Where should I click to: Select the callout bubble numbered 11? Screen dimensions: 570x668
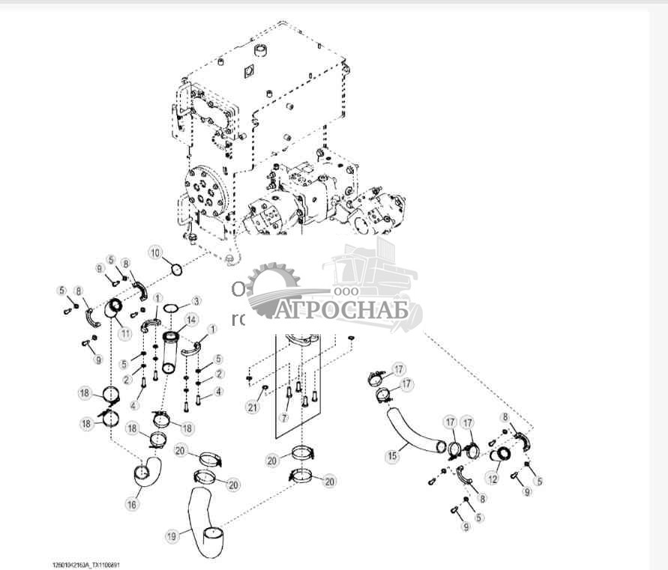124,333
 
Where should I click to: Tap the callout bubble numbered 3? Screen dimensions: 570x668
196,300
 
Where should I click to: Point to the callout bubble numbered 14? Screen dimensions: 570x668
192,320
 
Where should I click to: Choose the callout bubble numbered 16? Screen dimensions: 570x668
131,504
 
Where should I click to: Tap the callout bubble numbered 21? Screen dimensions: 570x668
253,407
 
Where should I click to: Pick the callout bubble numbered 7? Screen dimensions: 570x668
284,416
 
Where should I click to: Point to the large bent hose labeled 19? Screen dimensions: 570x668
201,521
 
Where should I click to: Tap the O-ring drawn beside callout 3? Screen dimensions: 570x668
171,309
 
